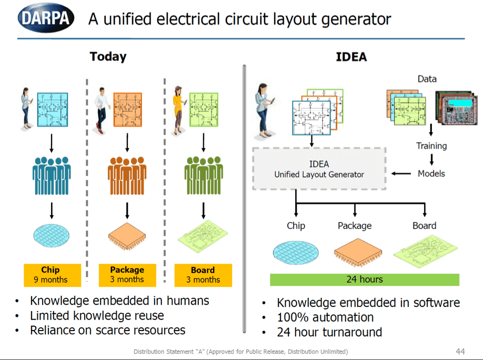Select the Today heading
(x=108, y=56)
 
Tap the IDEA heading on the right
(x=351, y=57)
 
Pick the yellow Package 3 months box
(x=127, y=275)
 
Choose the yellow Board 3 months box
(x=203, y=275)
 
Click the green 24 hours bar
(x=364, y=279)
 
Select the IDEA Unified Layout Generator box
(x=319, y=169)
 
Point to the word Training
(x=431, y=146)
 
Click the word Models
(x=431, y=173)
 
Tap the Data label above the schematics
(x=427, y=79)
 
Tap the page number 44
(x=460, y=351)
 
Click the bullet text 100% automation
(x=325, y=317)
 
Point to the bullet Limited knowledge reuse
(x=97, y=315)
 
